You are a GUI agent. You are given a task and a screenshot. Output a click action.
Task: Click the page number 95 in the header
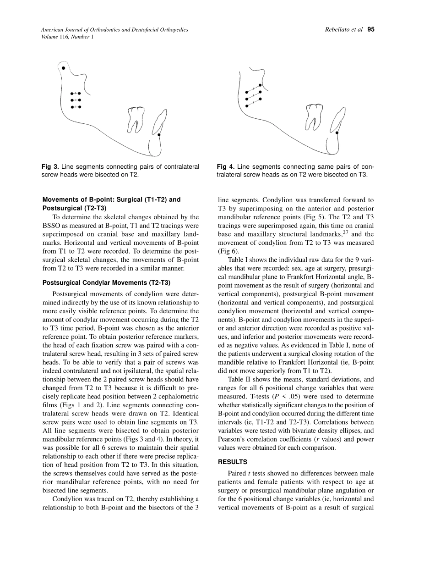(371, 29)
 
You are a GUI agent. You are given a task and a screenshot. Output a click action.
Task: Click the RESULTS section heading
(232, 462)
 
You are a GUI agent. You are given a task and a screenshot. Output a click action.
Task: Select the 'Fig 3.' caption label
(50, 167)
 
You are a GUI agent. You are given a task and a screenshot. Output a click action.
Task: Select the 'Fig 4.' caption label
(226, 167)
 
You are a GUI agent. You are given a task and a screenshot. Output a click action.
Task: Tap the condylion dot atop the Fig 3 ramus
(64, 68)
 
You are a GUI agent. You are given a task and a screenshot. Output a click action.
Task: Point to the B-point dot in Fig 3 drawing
(159, 135)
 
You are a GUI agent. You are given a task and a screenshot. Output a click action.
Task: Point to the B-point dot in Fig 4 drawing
(337, 133)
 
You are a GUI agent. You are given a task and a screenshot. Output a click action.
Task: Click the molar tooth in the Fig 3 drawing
(136, 119)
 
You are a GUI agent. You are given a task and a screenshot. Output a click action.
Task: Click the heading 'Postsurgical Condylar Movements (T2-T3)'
(106, 282)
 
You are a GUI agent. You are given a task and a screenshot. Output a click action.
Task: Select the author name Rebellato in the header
(338, 29)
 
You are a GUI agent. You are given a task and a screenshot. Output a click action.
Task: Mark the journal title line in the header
(114, 29)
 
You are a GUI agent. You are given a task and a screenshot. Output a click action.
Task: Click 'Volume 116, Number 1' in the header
(67, 37)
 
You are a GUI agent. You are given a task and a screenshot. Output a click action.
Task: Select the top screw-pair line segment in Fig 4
(253, 88)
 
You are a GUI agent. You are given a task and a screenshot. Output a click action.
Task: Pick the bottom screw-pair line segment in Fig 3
(76, 107)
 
